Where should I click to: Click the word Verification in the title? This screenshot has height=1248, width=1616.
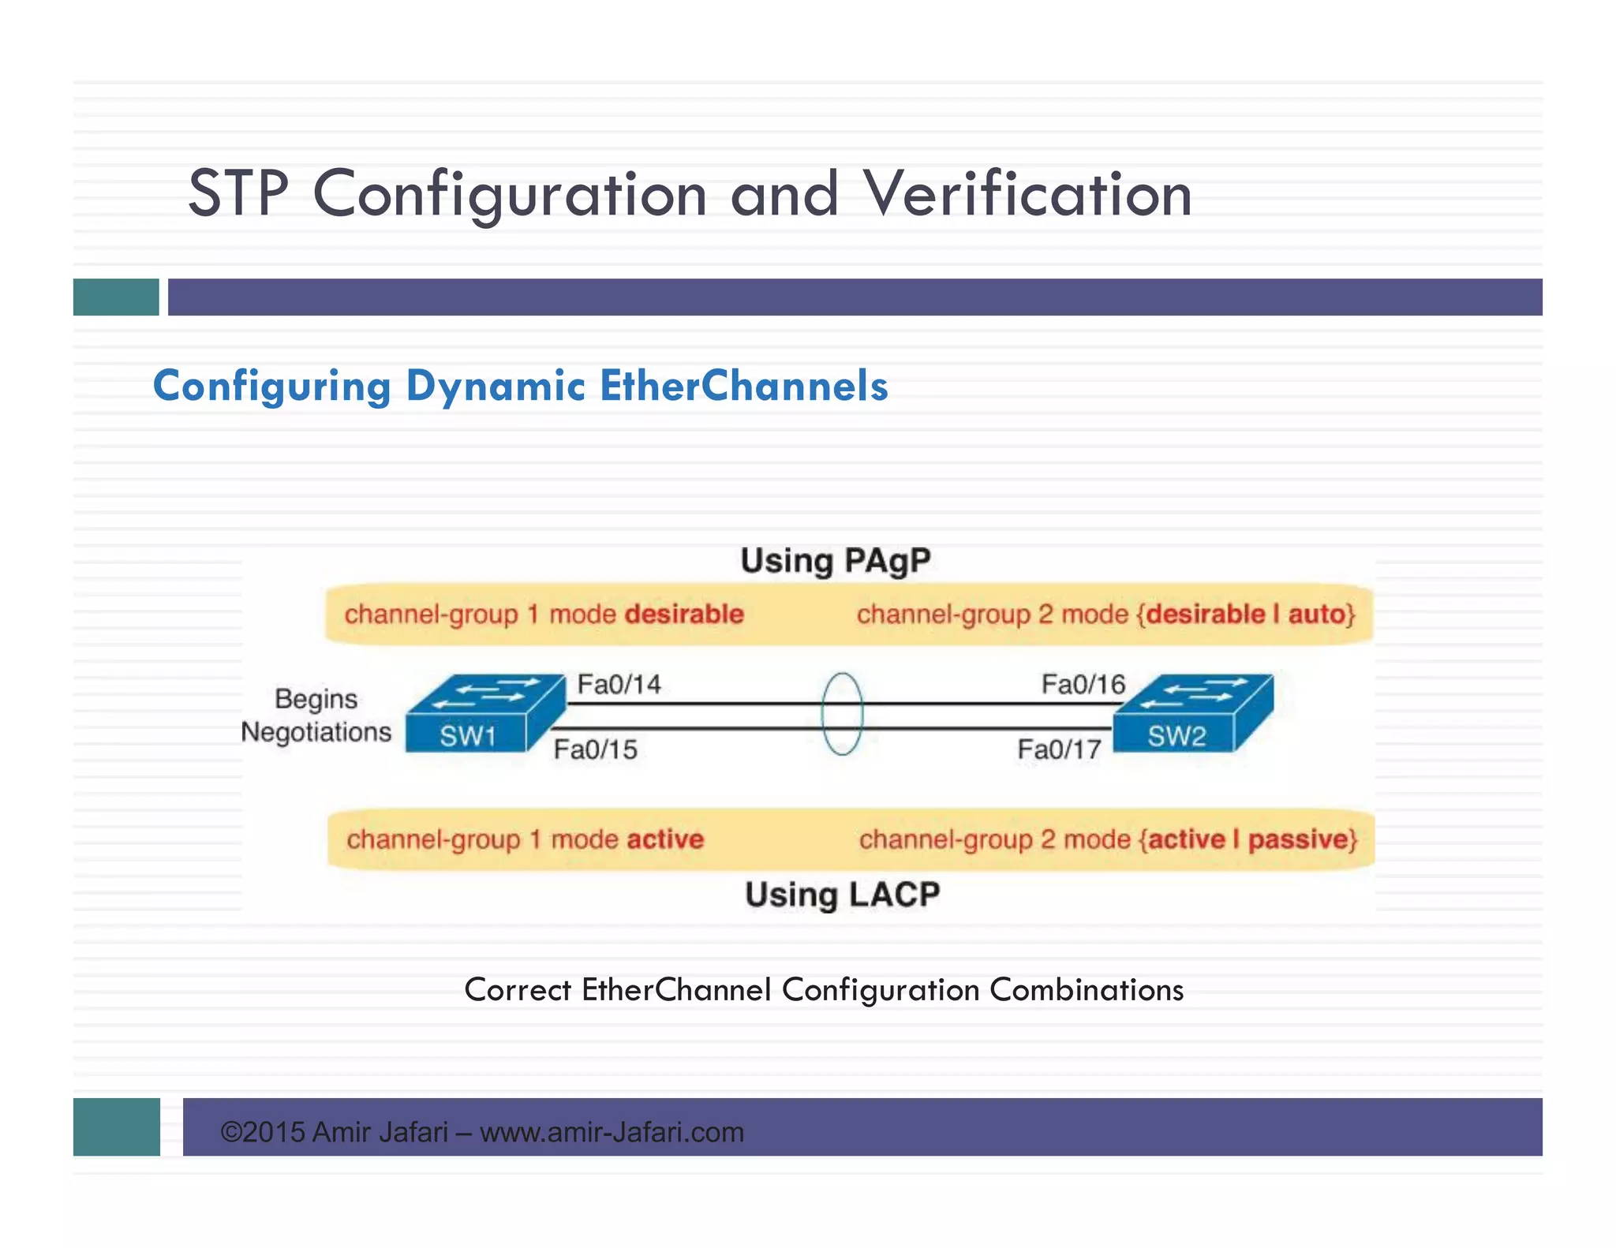coord(1027,194)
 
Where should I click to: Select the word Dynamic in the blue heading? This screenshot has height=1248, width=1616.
coord(495,387)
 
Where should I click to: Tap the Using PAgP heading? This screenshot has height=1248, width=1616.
coord(835,561)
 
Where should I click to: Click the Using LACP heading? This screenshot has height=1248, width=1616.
coord(842,895)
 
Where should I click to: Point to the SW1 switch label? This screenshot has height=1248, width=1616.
coord(467,736)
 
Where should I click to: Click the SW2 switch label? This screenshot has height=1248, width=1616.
coord(1176,736)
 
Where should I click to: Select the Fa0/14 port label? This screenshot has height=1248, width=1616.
coord(619,684)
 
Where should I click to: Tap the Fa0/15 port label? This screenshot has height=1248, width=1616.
coord(595,749)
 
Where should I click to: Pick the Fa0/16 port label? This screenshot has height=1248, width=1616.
coord(1083,684)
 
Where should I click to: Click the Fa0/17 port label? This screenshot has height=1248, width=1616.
coord(1059,749)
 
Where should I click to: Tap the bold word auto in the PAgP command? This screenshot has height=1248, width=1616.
coord(1316,614)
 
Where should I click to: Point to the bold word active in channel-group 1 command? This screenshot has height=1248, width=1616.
coord(664,839)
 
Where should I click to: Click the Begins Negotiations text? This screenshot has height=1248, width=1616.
coord(316,716)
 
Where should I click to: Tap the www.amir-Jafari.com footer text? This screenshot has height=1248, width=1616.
coord(612,1132)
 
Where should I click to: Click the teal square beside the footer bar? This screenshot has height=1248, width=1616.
coord(117,1127)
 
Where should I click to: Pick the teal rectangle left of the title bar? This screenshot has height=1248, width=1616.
coord(116,297)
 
